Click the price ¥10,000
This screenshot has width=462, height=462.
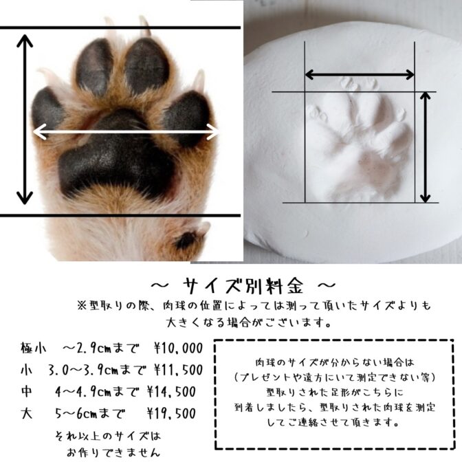point(179,349)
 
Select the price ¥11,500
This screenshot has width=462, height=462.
point(179,370)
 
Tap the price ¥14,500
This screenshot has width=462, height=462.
point(171,392)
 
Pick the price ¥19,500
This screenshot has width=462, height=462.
point(171,413)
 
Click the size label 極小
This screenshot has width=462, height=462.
point(33,348)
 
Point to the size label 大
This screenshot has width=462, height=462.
point(27,413)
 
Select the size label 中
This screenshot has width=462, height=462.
point(27,392)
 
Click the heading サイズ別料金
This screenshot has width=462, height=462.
point(243,285)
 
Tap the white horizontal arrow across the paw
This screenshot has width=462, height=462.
point(126,132)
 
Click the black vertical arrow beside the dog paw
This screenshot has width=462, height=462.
point(25,120)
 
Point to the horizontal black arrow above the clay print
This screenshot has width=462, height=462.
point(360,74)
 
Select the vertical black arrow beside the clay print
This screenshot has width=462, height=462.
point(425,147)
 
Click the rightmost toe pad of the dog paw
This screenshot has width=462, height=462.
point(187,118)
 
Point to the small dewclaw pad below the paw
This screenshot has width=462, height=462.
point(186,240)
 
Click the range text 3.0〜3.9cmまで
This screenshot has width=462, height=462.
point(97,370)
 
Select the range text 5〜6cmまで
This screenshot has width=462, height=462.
point(90,413)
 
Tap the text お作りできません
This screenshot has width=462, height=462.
point(113,452)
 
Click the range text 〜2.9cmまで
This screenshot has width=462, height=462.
point(100,349)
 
